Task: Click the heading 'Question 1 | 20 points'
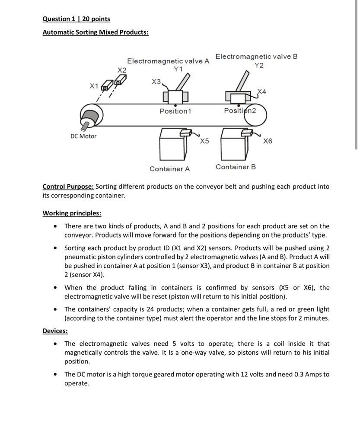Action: pos(76,19)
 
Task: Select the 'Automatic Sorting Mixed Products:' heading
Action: pos(95,32)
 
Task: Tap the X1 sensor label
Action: pos(94,86)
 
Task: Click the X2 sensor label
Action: pos(122,70)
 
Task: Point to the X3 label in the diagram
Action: pos(156,81)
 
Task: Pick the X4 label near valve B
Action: pos(262,92)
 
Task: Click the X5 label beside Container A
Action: pos(204,141)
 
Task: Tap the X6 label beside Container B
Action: pos(268,141)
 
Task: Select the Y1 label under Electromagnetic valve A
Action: pos(178,69)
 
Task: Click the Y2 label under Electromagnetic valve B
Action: pos(259,65)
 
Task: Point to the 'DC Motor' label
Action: pos(83,136)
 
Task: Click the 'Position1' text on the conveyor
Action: pos(175,111)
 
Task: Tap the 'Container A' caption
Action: pos(169,169)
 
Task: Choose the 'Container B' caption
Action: pos(236,167)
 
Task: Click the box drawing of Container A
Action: pos(172,145)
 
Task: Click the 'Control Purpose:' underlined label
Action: pos(68,186)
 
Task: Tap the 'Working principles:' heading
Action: pos(72,213)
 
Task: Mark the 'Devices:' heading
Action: pos(55,331)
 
